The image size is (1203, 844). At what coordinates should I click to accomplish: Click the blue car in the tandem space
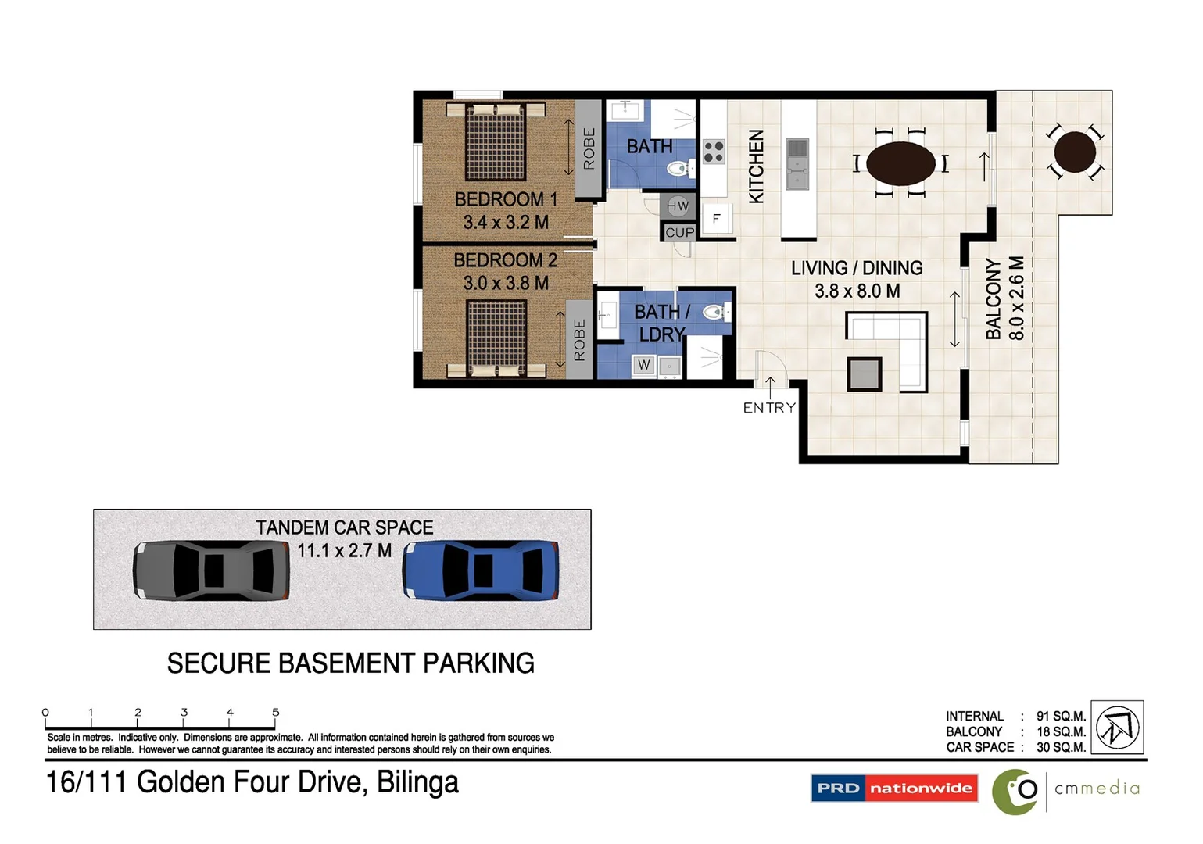[481, 571]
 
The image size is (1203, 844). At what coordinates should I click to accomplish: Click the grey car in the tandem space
[211, 570]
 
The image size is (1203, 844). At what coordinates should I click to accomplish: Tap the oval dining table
[900, 163]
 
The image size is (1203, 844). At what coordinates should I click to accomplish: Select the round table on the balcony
[1075, 152]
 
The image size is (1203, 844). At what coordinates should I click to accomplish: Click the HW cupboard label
[678, 206]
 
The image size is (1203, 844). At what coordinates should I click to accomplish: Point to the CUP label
[679, 232]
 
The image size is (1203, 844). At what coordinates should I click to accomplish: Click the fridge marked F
[716, 219]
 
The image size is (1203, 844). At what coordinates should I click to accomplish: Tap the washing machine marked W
[644, 364]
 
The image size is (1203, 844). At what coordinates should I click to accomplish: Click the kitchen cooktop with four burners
[713, 152]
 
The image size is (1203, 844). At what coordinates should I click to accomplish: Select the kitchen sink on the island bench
[797, 163]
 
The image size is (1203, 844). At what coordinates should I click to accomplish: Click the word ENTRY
[769, 407]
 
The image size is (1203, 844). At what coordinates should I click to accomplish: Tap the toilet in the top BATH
[678, 167]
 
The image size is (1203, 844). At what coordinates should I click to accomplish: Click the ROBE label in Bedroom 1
[589, 148]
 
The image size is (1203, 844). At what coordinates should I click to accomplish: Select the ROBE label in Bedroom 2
[579, 340]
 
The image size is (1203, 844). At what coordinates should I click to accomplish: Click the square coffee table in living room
[865, 374]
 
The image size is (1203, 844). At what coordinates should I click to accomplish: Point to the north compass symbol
[1117, 727]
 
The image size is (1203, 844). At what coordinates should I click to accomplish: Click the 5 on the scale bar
[275, 712]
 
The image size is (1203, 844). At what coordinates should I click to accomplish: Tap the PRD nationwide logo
[894, 788]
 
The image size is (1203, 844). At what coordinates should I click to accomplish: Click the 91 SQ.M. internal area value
[1061, 716]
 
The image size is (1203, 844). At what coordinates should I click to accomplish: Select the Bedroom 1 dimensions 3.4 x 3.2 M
[506, 223]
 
